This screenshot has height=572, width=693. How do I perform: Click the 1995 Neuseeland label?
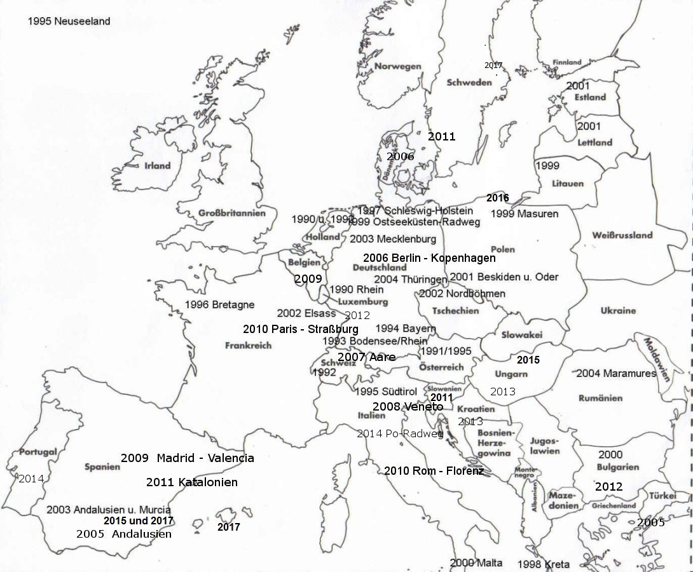coord(69,21)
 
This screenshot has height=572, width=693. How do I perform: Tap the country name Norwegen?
coord(397,66)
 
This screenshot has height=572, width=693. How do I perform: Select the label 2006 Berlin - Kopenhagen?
coord(429,258)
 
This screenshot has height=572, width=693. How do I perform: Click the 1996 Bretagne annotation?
coord(220,304)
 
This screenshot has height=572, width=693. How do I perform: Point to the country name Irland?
coord(157,165)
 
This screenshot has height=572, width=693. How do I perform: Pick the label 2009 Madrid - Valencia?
coord(188,458)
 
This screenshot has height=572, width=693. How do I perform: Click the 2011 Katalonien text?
coord(192,482)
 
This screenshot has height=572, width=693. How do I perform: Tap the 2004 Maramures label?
coord(615,374)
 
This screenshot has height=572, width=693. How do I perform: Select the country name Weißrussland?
coord(622,235)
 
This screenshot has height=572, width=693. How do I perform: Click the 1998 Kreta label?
coord(544,564)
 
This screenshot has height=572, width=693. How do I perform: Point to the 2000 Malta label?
coord(476,563)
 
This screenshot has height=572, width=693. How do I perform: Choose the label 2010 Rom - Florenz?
coord(434,471)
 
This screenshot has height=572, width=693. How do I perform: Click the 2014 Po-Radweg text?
coord(400,433)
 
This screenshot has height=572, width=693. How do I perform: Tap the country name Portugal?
coord(38,452)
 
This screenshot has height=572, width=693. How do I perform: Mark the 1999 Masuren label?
coord(525,214)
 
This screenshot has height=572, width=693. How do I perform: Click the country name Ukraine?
coord(618,310)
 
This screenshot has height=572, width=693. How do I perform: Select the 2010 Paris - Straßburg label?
coord(300,329)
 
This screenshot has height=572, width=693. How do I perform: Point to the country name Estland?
coord(590,97)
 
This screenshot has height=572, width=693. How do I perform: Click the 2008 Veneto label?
coord(408,407)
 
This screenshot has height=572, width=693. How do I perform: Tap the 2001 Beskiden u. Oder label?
coord(504,277)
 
